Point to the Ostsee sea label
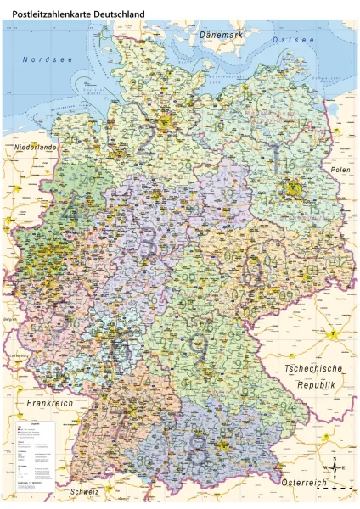click(293, 40)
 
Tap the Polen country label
click(340, 171)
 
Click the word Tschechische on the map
click(313, 368)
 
